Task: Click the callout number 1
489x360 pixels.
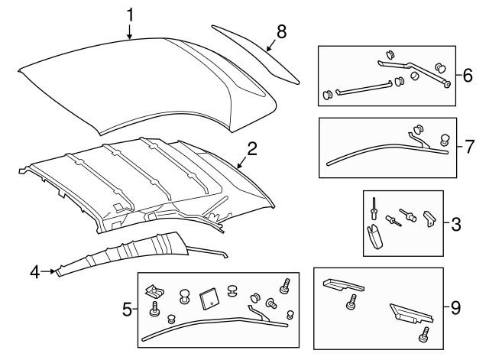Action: tap(130, 15)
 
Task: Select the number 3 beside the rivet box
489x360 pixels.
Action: tap(455, 224)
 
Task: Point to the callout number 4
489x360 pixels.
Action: tap(34, 270)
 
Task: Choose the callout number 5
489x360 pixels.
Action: tap(127, 310)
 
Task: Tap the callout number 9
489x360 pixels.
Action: tap(455, 308)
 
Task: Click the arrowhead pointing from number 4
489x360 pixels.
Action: tap(53, 270)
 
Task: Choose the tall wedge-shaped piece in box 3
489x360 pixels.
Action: tap(374, 238)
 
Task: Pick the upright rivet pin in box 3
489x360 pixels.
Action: tap(374, 207)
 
